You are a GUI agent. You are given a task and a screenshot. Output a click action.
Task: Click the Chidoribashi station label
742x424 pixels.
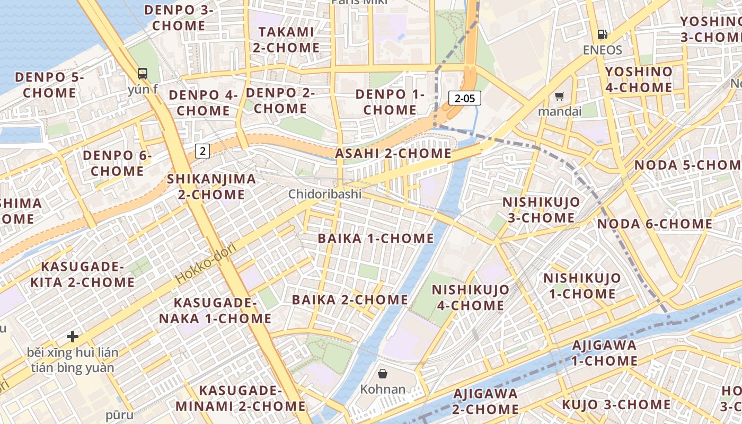(x=325, y=194)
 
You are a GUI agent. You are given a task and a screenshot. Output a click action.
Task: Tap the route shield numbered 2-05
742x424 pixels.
(x=465, y=98)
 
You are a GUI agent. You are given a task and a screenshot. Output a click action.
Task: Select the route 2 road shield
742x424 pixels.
(x=202, y=151)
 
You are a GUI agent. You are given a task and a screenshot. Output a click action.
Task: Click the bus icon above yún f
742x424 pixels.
(x=142, y=74)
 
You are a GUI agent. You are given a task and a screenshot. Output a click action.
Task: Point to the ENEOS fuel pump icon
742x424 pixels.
(x=602, y=34)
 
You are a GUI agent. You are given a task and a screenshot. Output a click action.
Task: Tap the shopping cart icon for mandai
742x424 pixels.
(x=559, y=96)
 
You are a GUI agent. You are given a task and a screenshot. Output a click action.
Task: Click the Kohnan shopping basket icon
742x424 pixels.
(x=383, y=374)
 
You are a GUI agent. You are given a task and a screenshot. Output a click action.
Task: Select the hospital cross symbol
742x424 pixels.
(x=73, y=337)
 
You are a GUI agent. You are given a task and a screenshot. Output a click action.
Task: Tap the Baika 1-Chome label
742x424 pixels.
(x=376, y=238)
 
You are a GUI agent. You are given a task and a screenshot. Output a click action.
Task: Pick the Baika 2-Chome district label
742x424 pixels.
(x=350, y=300)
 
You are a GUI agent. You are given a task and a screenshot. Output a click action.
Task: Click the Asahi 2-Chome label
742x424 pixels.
(x=393, y=154)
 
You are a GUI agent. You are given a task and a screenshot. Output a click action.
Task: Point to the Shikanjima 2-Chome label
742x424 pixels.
(x=211, y=187)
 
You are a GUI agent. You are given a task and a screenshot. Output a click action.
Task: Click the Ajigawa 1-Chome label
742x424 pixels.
(x=604, y=353)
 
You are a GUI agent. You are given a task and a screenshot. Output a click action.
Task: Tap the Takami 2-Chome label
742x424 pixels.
(x=286, y=40)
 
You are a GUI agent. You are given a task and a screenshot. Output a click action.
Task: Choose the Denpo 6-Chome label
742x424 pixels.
(x=117, y=163)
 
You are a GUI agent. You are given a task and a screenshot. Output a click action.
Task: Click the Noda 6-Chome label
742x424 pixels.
(x=655, y=224)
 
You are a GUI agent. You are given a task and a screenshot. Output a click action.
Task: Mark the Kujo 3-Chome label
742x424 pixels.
(x=616, y=404)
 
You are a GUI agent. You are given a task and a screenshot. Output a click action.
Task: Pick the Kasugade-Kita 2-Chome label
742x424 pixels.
(x=82, y=274)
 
